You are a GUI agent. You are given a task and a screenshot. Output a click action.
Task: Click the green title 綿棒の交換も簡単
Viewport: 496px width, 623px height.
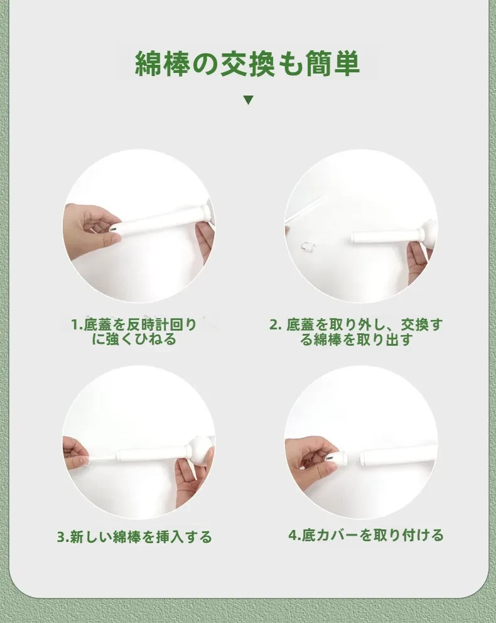tap(247, 63)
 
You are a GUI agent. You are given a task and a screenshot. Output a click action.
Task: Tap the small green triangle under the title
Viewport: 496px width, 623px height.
tap(249, 100)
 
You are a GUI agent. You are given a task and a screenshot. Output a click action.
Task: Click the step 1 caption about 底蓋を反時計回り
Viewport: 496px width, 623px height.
tap(134, 332)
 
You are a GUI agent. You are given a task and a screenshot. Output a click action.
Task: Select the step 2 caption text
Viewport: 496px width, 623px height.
tap(355, 332)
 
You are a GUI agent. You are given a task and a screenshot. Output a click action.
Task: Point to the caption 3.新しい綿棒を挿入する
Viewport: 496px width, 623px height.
tap(134, 537)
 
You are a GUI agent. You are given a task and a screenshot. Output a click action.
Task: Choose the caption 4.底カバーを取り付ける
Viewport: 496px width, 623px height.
tap(366, 535)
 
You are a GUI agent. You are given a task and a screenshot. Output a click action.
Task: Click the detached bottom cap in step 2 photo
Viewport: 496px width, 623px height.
tap(308, 246)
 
